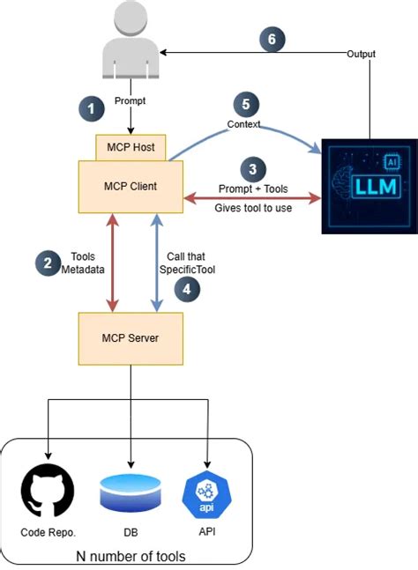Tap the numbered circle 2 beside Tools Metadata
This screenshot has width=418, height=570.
45,262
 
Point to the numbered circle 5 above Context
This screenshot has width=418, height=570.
246,103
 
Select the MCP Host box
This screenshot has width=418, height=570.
131,147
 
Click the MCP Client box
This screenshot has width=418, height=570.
131,187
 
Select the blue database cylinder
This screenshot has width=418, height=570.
131,491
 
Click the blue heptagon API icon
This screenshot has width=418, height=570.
206,489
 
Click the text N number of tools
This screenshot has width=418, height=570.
131,556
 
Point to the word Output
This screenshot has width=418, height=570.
361,55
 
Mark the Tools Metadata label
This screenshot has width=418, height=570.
85,262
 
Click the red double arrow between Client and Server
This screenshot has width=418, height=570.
112,263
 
